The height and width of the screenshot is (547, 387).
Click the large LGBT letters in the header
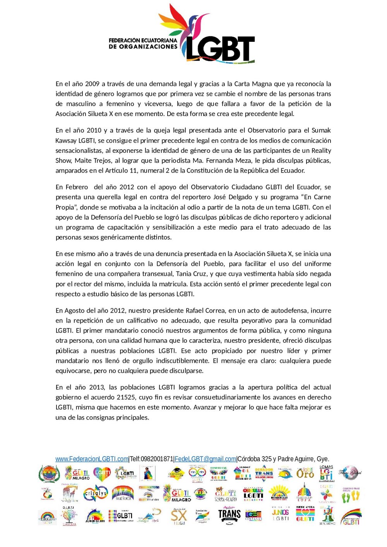pos(221,49)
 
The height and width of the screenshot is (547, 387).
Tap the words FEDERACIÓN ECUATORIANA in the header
pos(143,40)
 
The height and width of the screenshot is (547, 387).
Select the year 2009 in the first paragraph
pos(92,84)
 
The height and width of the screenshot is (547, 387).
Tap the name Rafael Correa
pos(205,310)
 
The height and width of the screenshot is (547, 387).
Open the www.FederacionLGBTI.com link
pos(92,459)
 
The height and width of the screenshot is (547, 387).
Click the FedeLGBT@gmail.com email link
pos(205,459)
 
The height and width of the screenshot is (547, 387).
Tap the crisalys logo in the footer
pos(96,494)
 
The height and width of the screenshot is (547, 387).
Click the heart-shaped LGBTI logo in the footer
pos(102,473)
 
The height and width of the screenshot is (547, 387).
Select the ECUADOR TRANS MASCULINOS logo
pos(264,473)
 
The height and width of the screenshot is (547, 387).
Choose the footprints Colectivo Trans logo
pos(351,494)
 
